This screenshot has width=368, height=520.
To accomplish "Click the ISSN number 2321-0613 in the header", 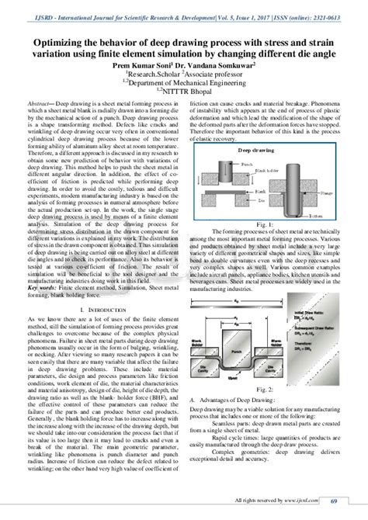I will point(330,6).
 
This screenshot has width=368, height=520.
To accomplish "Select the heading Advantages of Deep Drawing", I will point(234,397).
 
